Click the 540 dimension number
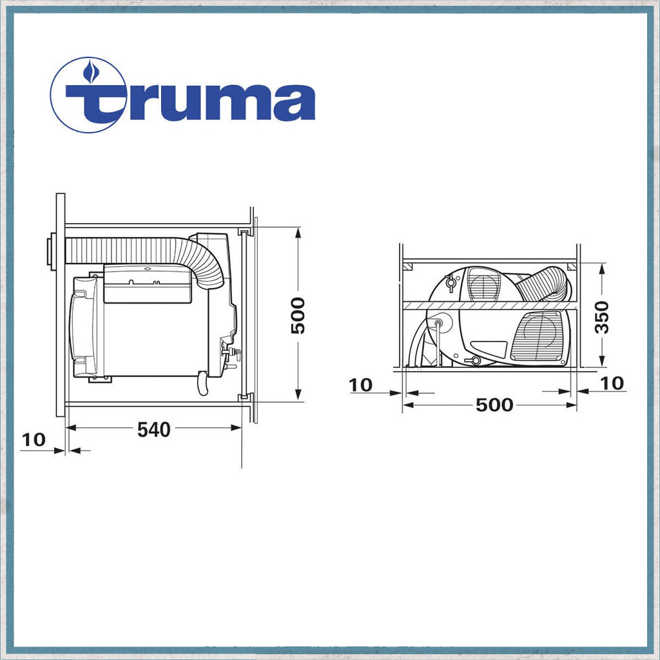153,429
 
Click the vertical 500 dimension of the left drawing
298,316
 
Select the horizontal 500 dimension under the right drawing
494,405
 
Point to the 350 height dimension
602,317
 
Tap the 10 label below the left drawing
33,440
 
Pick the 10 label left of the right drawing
361,385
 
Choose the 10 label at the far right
612,383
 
